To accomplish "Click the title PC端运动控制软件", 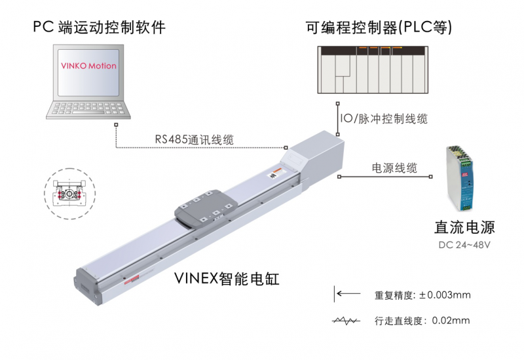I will pyautogui.click(x=98, y=27).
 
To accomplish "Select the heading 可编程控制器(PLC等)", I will pyautogui.click(x=379, y=27).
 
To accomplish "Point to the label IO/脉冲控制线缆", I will pyautogui.click(x=385, y=119).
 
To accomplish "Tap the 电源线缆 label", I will pyautogui.click(x=394, y=168).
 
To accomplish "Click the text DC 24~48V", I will pyautogui.click(x=464, y=245).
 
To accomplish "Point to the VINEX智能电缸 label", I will pyautogui.click(x=227, y=279).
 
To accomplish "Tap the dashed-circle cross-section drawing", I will pyautogui.click(x=69, y=192).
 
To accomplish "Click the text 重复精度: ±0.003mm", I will pyautogui.click(x=422, y=295).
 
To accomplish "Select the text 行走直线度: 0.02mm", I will pyautogui.click(x=422, y=321).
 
